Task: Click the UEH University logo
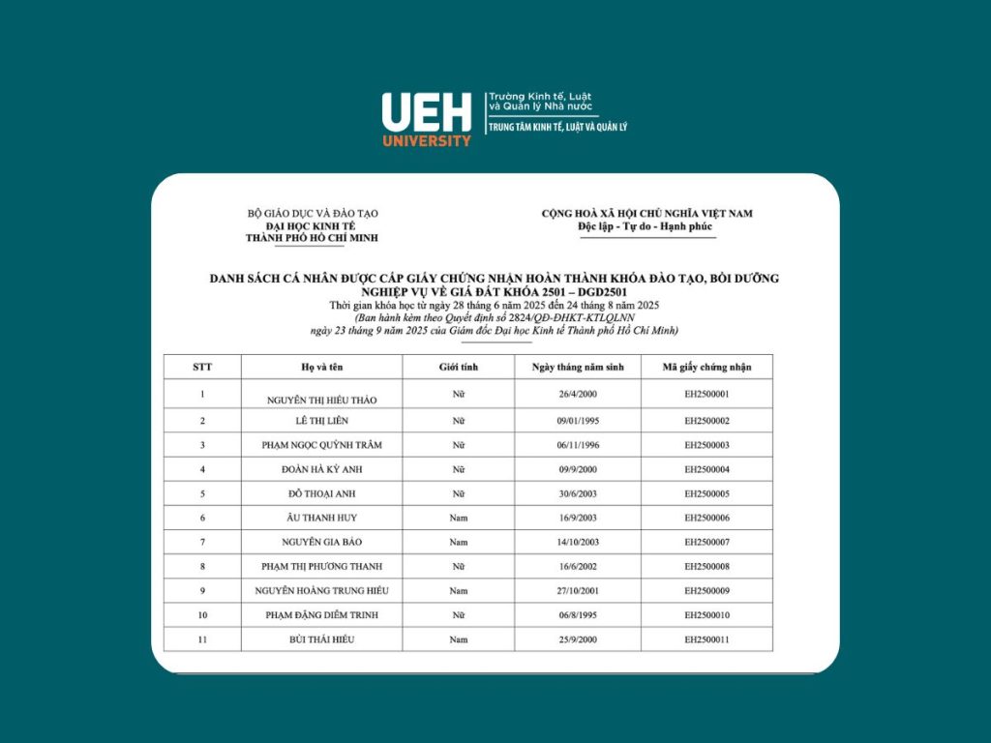point(427,118)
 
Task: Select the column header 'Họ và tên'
point(321,367)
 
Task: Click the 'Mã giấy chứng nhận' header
point(706,367)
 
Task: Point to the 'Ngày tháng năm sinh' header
point(578,367)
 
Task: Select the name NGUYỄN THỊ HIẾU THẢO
point(321,400)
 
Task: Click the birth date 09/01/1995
point(578,421)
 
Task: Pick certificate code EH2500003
point(706,445)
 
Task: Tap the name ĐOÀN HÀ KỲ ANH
point(321,469)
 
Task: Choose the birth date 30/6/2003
point(578,493)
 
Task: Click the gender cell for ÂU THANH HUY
point(459,518)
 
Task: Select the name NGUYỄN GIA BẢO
point(321,542)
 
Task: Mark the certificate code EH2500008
point(706,566)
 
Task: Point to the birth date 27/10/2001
point(578,590)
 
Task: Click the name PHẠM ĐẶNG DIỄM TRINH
point(321,615)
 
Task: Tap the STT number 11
point(202,639)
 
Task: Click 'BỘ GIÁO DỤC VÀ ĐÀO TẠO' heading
point(313,213)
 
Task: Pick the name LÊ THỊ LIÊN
point(321,421)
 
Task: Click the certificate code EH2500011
point(706,639)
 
